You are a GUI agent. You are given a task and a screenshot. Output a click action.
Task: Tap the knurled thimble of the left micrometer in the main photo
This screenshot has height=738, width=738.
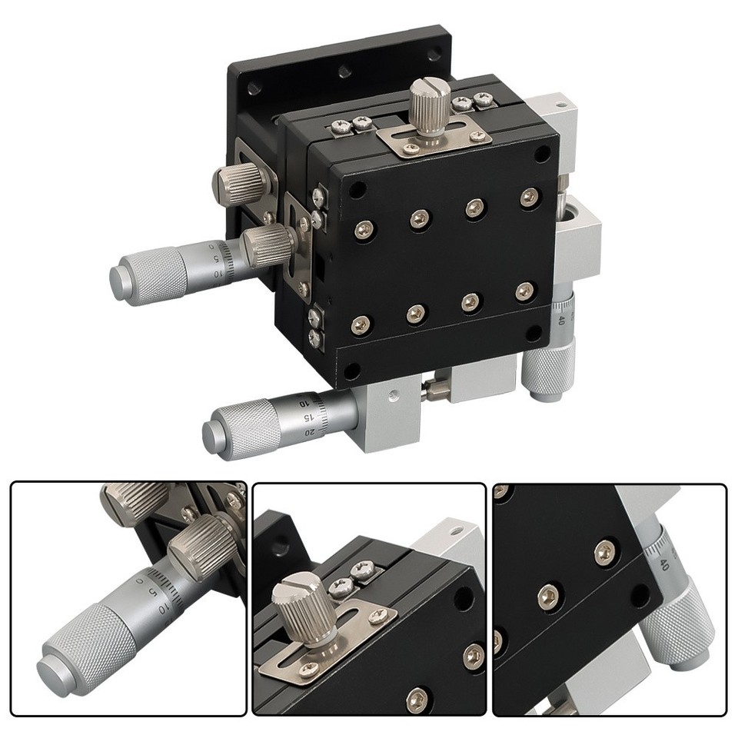click(150, 275)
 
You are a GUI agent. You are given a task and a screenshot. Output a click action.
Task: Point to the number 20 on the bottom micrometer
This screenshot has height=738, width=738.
click(310, 432)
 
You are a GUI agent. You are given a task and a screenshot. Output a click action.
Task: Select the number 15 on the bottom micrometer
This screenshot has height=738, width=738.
click(307, 417)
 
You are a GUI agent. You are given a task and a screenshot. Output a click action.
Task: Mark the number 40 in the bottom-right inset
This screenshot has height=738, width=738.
click(662, 564)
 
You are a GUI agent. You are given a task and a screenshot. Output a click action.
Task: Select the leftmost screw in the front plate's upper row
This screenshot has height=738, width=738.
click(364, 228)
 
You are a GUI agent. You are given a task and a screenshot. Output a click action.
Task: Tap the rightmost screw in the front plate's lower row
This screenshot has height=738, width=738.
click(524, 291)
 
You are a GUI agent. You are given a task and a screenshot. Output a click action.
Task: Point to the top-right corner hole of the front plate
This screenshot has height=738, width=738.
click(543, 154)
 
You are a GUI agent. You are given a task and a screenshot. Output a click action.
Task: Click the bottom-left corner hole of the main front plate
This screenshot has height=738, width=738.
click(351, 371)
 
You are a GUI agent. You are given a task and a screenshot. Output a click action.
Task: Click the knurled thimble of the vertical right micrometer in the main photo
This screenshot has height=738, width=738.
click(548, 369)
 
